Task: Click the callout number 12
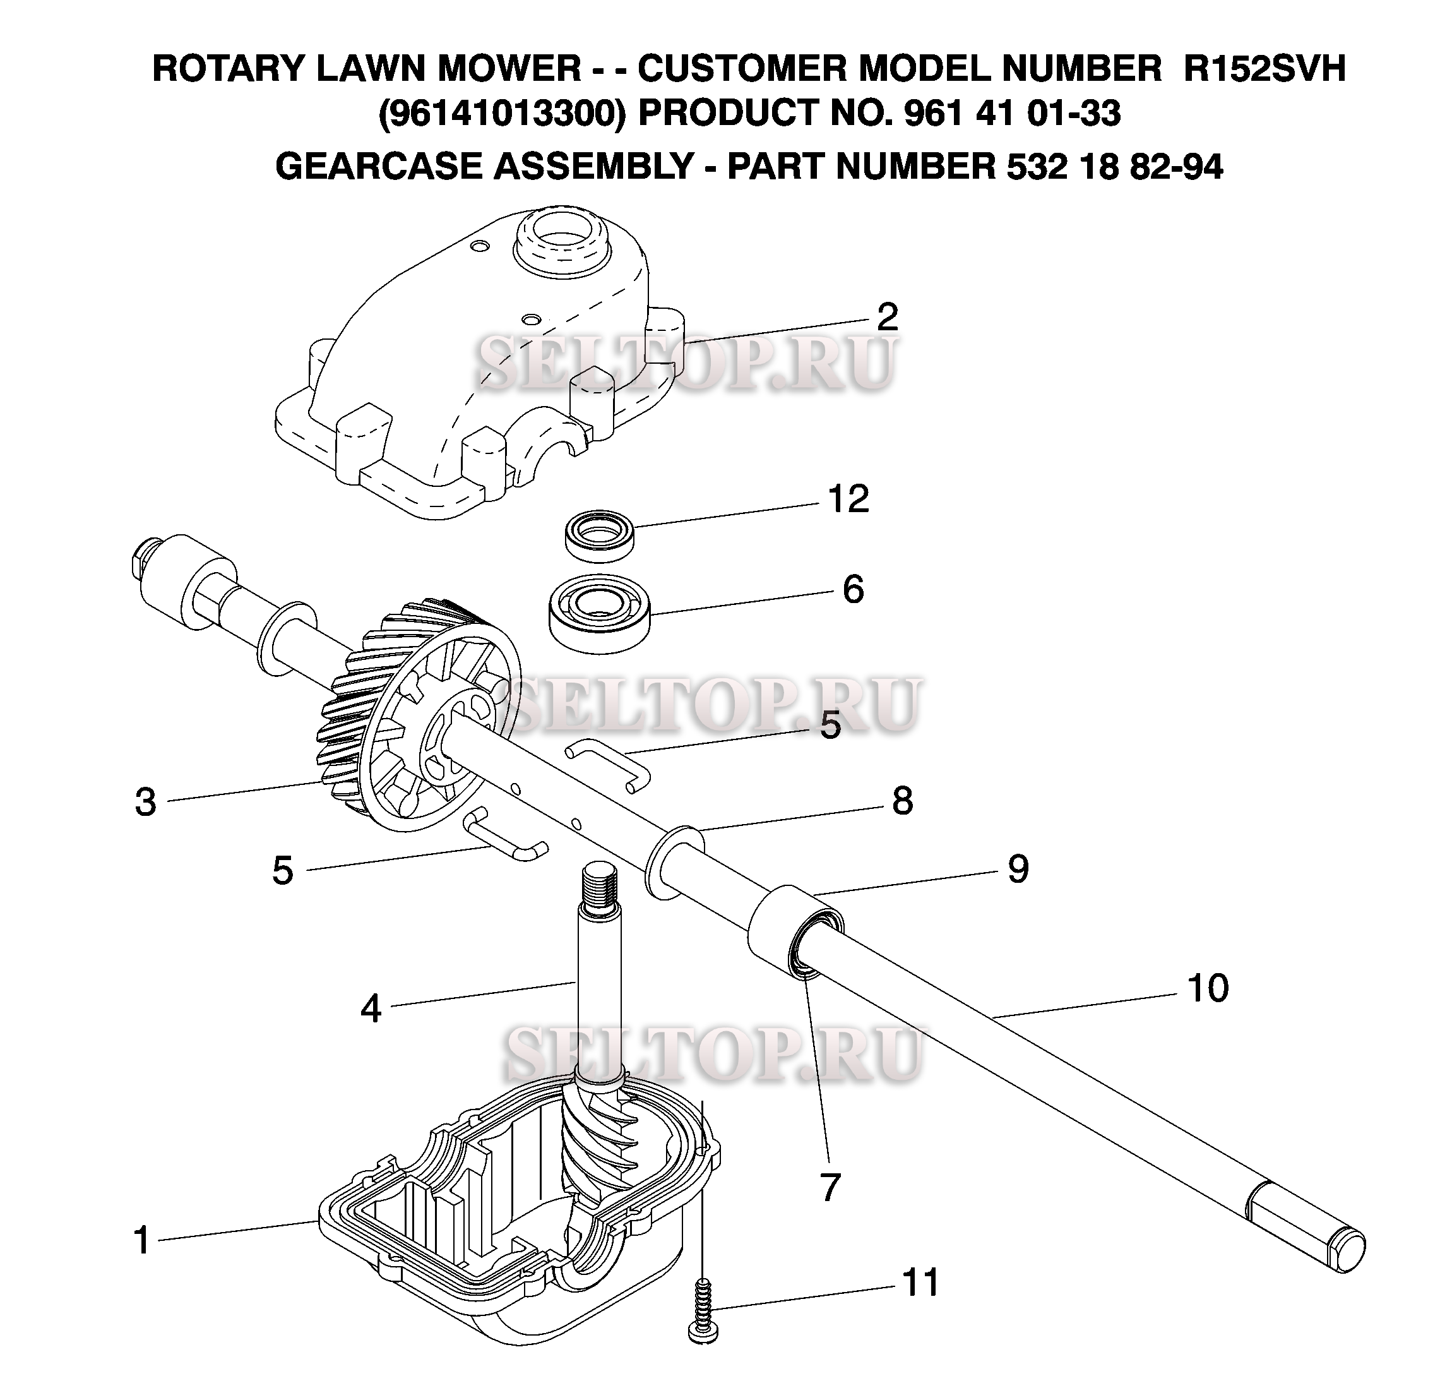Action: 848,500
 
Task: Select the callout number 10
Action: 1207,988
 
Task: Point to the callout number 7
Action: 830,1187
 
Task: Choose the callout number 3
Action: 146,803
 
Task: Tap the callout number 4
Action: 371,1009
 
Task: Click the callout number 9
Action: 1018,869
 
